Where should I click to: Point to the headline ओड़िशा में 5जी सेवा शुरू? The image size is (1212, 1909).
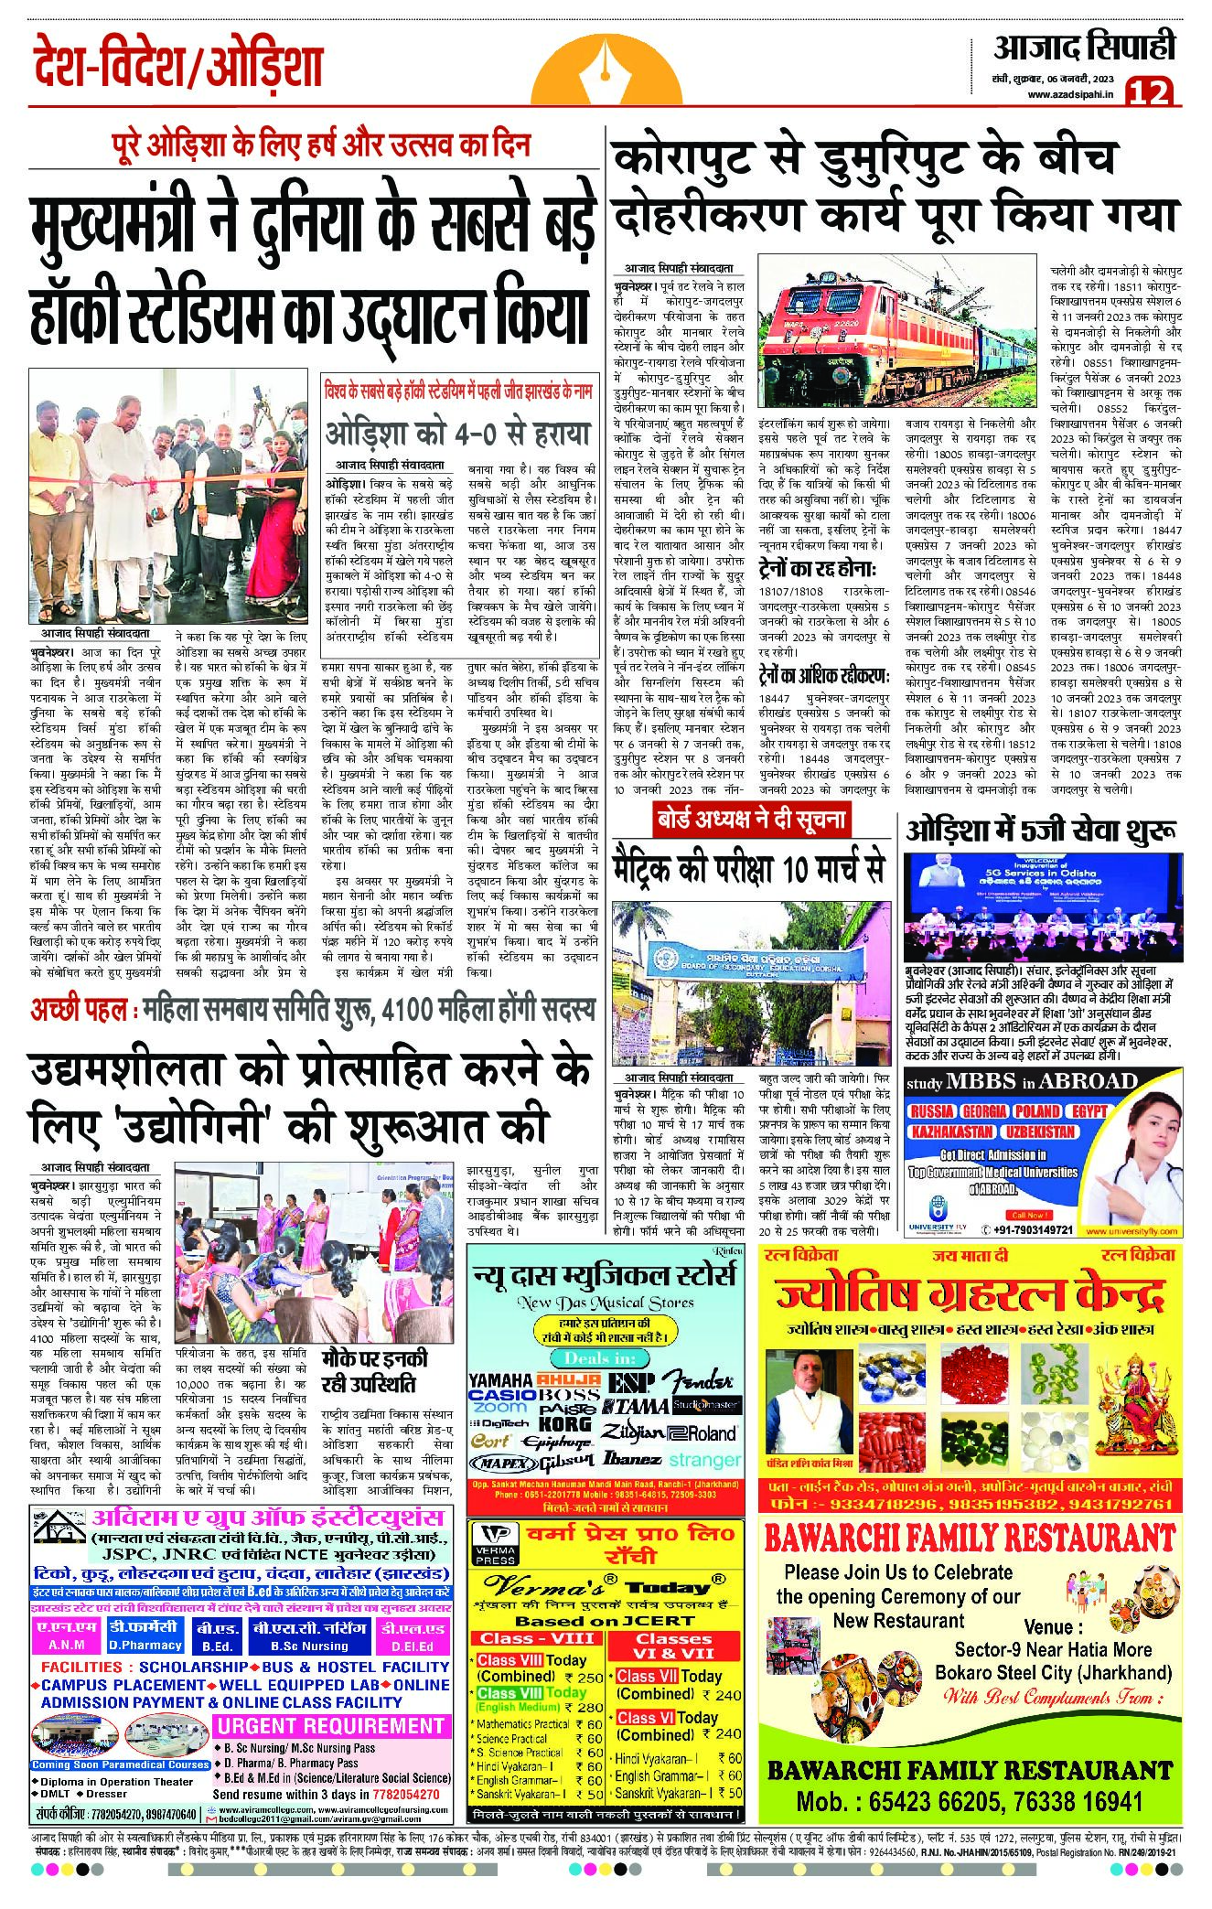click(1041, 831)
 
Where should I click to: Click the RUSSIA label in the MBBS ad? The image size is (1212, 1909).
click(932, 1111)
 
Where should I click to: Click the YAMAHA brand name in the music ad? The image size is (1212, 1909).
click(500, 1379)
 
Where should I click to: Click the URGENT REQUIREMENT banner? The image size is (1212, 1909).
click(330, 1726)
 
